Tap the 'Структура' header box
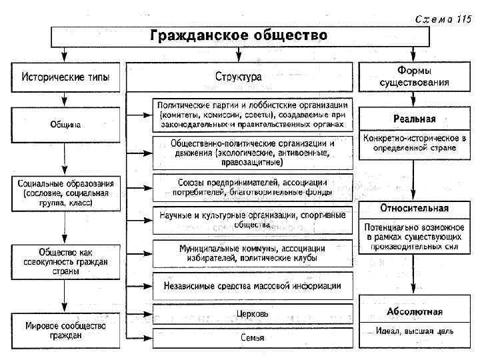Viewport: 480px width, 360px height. point(238,77)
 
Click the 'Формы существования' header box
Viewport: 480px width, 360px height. point(414,77)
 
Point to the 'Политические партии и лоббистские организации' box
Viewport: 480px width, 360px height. point(252,115)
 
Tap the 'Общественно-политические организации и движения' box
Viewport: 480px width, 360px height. point(252,152)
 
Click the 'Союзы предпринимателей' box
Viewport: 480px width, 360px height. point(252,187)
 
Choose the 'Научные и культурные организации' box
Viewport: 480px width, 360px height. point(252,219)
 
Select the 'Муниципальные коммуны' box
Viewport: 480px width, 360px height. point(252,253)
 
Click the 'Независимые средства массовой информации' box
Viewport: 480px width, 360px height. point(252,285)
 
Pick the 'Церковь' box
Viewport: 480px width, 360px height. point(252,313)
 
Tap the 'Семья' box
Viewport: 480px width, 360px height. point(252,338)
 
